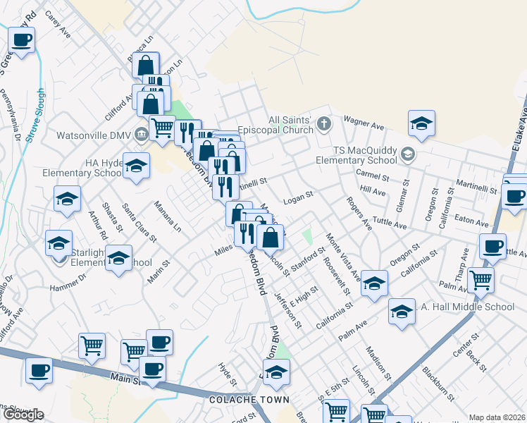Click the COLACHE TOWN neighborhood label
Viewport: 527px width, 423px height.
tap(249, 400)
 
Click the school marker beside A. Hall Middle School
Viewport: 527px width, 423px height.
tap(402, 311)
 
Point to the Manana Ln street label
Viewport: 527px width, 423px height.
tap(168, 217)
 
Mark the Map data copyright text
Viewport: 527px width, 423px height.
tap(497, 417)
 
